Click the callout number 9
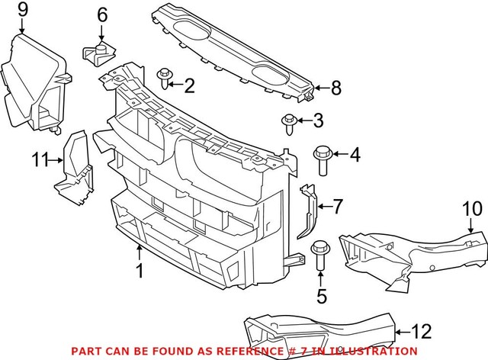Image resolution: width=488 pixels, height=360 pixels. [x=21, y=10]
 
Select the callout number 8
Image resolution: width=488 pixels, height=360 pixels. [x=336, y=88]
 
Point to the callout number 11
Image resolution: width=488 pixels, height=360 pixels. [x=40, y=159]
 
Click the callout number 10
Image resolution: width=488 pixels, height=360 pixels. [x=473, y=207]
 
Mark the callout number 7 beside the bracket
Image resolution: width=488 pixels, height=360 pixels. [x=339, y=205]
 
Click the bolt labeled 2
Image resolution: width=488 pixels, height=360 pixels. [x=165, y=78]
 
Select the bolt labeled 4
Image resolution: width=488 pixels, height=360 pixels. [x=320, y=161]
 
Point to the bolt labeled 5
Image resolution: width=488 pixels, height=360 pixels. [x=319, y=256]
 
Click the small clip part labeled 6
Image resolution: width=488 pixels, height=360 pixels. [x=98, y=52]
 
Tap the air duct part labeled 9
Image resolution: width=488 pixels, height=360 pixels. [x=34, y=84]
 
